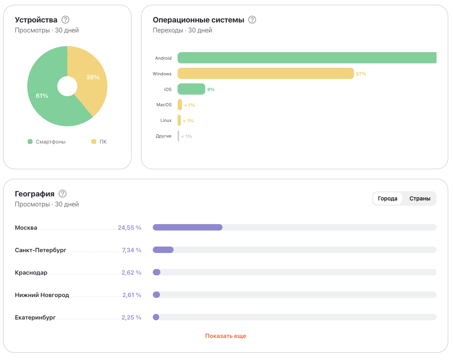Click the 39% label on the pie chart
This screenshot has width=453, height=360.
point(93,77)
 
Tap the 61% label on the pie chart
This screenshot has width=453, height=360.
point(42,96)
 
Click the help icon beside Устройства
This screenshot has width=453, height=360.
point(65,20)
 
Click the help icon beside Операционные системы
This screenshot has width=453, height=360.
point(252,20)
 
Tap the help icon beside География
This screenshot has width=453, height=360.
point(63,194)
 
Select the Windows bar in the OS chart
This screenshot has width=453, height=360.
point(265,73)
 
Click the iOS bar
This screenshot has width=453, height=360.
point(191,89)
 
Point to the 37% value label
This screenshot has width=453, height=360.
point(361,74)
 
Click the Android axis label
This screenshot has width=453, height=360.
point(163,58)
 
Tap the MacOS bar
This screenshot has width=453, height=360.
point(180,105)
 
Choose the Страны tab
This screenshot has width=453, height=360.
point(420,198)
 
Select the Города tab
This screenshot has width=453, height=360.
point(387,198)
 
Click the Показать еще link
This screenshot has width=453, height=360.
point(226,336)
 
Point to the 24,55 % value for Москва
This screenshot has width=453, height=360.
point(129,228)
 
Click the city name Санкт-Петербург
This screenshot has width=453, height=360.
point(40,250)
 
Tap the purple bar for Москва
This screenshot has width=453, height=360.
point(188,227)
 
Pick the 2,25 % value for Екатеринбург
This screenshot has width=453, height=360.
point(131,318)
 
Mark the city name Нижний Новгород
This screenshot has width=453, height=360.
point(42,295)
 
